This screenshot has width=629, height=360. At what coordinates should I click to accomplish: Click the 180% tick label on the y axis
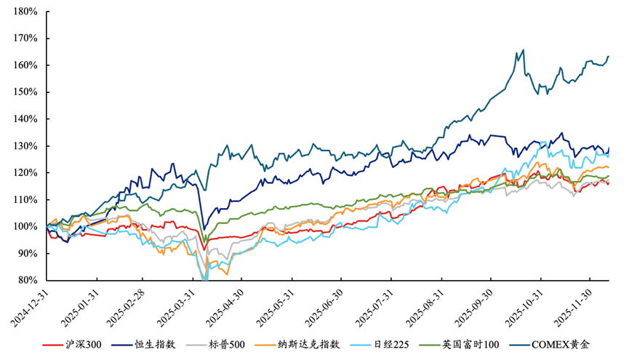[25, 12]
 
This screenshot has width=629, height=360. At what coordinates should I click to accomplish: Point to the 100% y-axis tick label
[25, 226]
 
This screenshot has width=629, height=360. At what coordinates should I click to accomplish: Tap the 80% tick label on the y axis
[28, 280]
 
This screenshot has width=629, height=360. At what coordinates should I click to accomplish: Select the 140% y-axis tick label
[25, 119]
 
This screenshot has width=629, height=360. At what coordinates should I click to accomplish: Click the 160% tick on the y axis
[25, 65]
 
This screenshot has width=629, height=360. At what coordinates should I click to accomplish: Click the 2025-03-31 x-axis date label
[175, 307]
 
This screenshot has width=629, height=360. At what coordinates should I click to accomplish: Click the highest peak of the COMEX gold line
[523, 50]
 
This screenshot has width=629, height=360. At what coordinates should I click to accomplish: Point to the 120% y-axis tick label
[25, 172]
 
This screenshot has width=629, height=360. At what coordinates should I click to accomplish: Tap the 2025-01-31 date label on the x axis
[76, 307]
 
